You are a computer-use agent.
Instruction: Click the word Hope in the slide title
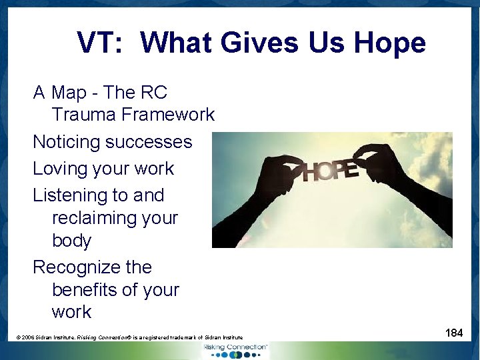(x=390, y=43)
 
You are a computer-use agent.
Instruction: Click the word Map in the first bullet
(x=69, y=92)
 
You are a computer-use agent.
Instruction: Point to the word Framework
(x=167, y=115)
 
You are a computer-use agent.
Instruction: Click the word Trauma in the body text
(x=83, y=115)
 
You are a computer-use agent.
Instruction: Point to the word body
(x=71, y=241)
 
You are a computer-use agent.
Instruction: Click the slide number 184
(x=454, y=333)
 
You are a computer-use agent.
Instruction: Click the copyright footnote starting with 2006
(x=130, y=338)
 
